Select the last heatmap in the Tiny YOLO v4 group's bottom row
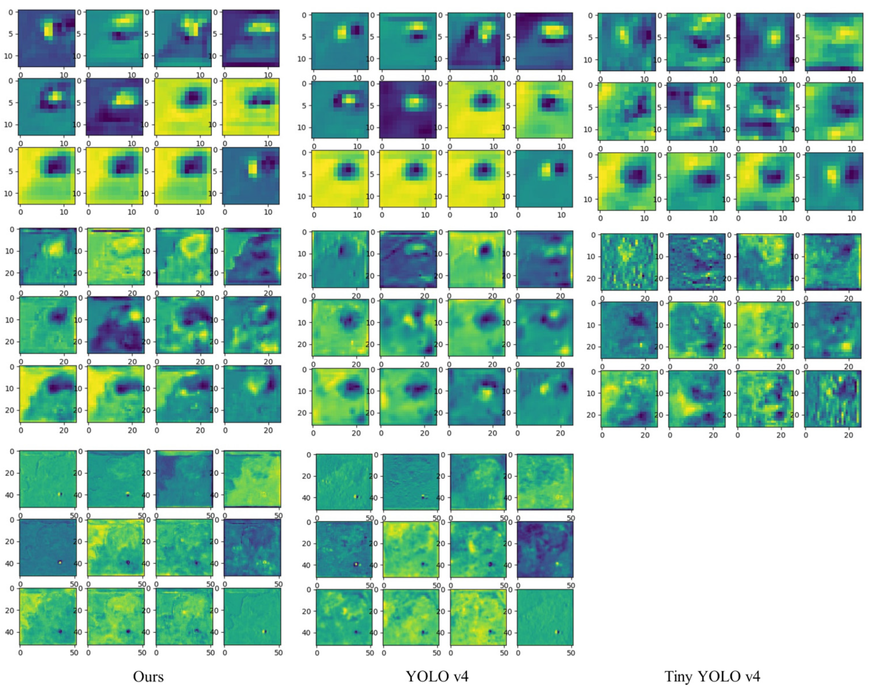point(833,398)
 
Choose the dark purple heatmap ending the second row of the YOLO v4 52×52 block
point(545,549)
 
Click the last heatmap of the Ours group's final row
point(252,616)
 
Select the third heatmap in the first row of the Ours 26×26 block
point(184,256)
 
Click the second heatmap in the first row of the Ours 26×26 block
point(116,256)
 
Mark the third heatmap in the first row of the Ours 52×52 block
point(184,479)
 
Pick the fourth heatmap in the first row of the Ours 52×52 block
point(252,479)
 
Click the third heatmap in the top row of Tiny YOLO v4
point(765,42)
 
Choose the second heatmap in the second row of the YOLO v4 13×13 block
point(408,109)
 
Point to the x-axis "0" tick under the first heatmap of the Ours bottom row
point(21,653)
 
